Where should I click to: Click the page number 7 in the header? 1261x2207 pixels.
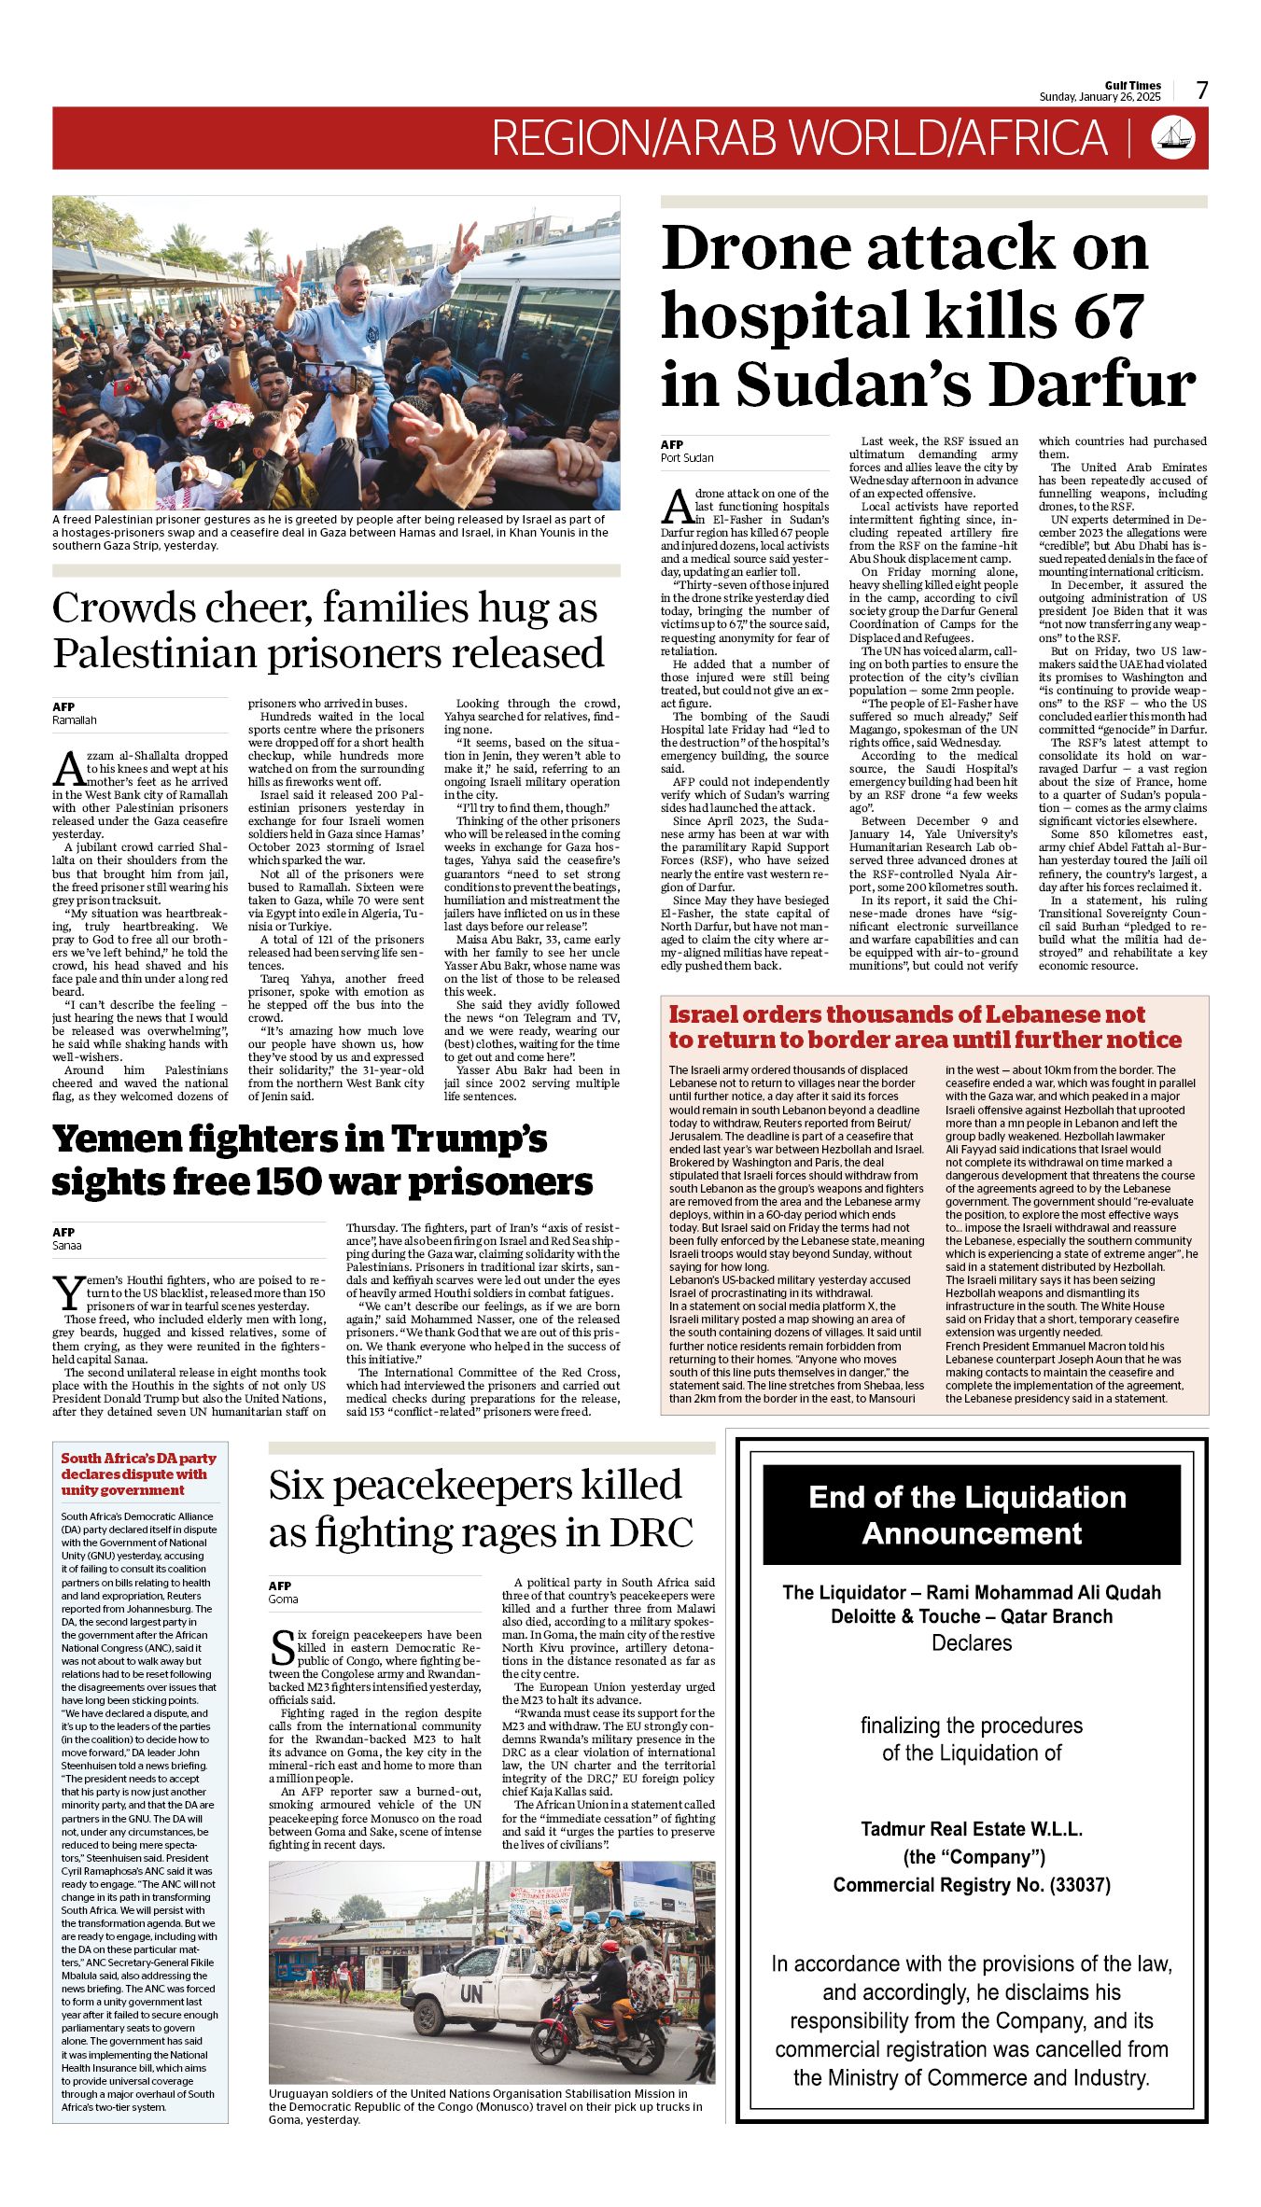(1202, 90)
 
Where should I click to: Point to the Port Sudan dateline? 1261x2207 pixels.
(687, 458)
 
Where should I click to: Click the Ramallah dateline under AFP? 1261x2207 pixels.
(75, 720)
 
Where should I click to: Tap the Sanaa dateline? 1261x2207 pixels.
(66, 1246)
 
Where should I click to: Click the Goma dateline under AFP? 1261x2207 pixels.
(283, 1599)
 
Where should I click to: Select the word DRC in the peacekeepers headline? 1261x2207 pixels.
(652, 1532)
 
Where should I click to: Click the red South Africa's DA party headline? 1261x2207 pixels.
(138, 1474)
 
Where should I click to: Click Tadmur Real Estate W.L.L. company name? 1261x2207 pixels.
(972, 1828)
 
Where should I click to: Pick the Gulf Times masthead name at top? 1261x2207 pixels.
(1133, 85)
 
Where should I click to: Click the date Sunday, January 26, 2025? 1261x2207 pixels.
(1100, 97)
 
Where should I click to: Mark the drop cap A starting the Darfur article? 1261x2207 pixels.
(676, 507)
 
